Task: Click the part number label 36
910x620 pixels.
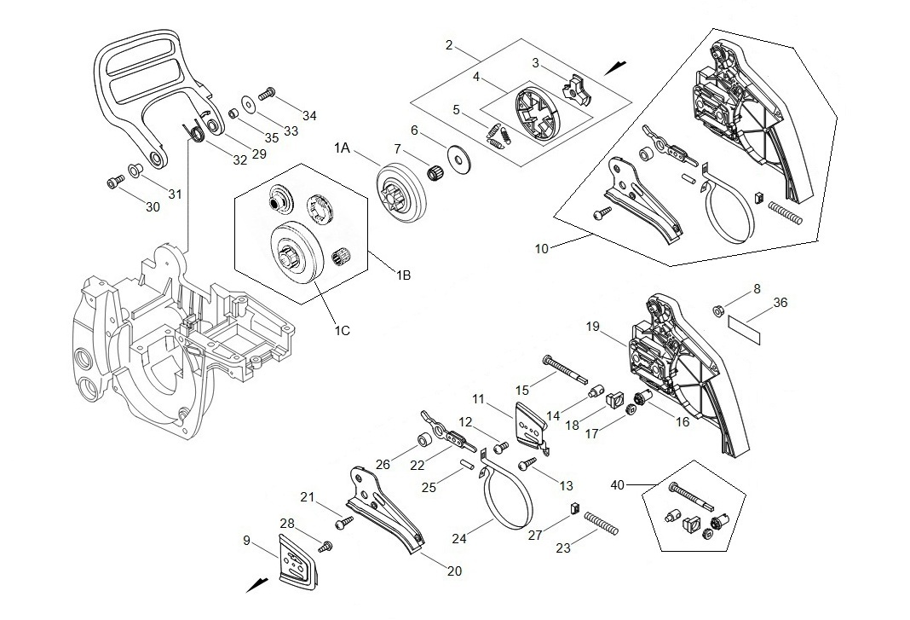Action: (780, 303)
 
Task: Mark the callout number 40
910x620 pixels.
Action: (619, 484)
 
